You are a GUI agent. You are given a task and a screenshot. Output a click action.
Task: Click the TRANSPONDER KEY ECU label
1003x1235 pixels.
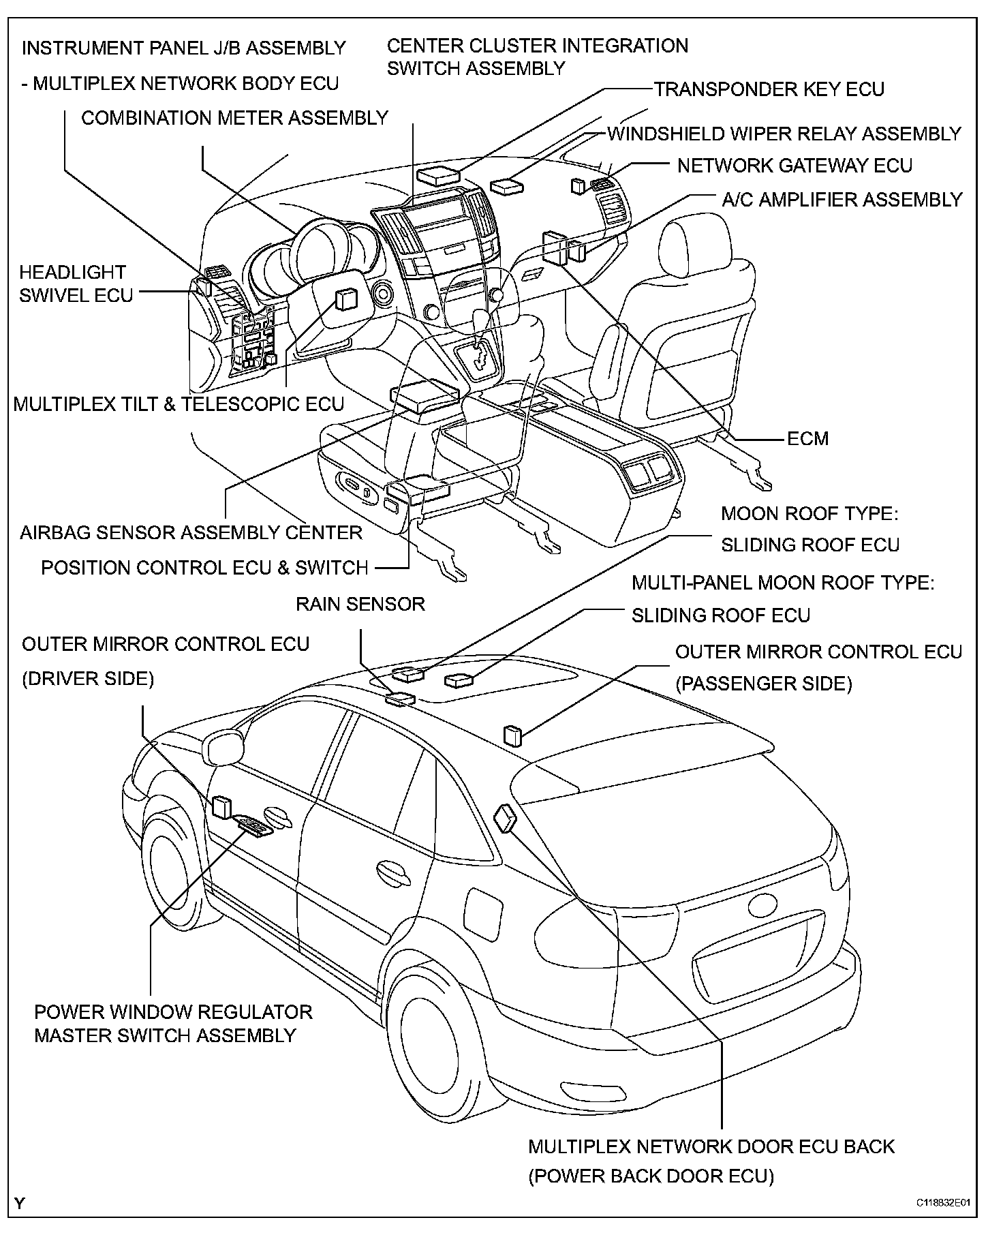769,89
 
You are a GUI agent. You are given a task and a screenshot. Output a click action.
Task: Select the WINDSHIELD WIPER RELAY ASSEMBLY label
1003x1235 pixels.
784,134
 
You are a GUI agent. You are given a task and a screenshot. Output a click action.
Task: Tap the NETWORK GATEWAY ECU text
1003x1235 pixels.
794,166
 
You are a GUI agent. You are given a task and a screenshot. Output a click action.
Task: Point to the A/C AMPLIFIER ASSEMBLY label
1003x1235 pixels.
842,200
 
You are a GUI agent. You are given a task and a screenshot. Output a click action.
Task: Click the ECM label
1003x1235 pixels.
807,438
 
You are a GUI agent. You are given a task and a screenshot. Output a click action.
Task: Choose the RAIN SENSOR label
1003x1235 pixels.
360,604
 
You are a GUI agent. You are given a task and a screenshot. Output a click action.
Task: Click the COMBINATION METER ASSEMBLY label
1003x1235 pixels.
234,118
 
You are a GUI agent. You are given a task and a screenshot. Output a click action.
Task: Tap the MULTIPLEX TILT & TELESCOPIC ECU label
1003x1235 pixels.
179,404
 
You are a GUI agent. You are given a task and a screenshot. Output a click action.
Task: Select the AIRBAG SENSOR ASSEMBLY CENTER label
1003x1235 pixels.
191,532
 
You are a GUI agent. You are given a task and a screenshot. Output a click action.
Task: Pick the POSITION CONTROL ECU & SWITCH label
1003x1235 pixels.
204,568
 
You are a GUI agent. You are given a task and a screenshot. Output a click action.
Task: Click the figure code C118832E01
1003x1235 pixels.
942,1204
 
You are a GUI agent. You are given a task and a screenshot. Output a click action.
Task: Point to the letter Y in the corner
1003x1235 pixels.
20,1203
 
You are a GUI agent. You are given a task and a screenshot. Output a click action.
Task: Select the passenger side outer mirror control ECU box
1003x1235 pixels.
512,736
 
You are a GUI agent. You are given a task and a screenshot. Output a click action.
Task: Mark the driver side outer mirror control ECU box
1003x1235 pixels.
221,806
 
